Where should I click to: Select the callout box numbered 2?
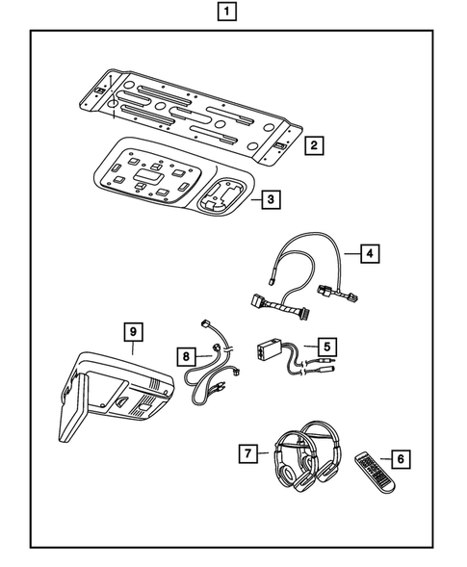(x=313, y=146)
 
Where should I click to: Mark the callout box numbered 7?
(x=248, y=451)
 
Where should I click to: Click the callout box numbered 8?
(x=184, y=355)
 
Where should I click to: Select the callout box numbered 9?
(x=135, y=332)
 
